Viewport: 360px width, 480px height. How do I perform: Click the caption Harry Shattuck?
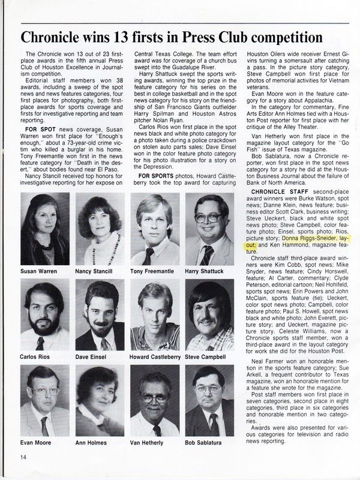(x=208, y=272)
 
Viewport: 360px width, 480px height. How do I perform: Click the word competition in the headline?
(x=296, y=37)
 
